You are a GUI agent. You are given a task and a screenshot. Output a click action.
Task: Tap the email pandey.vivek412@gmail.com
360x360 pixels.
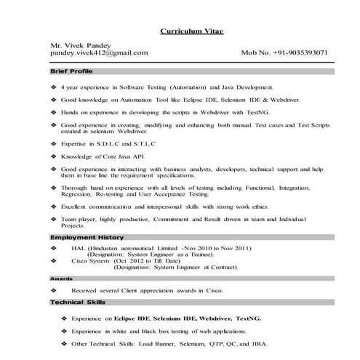tap(100, 53)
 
